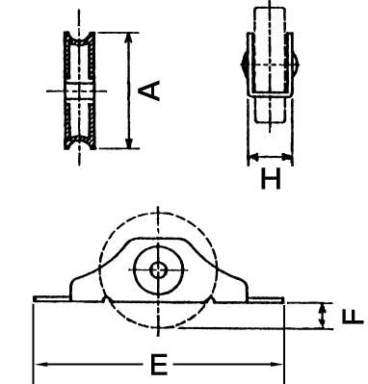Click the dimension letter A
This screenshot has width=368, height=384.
coord(149,90)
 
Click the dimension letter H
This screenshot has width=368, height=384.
coord(271,179)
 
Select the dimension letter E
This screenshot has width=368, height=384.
coord(159,365)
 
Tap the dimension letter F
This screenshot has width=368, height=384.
coord(353,316)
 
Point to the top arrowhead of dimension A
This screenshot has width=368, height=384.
coord(129,38)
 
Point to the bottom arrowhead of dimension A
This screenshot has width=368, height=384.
coord(129,142)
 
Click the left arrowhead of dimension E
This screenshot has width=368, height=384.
coord(41,365)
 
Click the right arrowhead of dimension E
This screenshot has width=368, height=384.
coord(276,365)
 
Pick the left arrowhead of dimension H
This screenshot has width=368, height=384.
coord(253,157)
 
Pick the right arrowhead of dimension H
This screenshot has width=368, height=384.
coord(287,157)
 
